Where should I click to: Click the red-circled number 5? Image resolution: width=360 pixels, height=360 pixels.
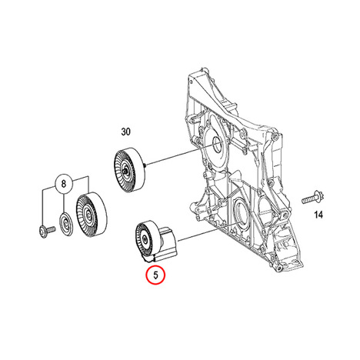(155, 275)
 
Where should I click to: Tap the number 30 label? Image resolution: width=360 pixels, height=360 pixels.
(125, 132)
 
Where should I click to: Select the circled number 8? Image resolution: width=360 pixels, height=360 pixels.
(64, 184)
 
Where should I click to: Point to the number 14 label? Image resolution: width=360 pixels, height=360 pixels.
(318, 215)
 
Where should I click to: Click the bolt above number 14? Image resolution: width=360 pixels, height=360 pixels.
(312, 198)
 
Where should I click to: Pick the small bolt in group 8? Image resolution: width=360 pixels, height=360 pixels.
(47, 230)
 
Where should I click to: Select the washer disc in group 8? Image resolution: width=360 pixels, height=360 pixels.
(66, 223)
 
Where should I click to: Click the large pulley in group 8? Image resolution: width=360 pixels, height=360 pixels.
(91, 214)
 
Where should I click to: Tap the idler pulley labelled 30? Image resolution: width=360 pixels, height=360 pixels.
(129, 170)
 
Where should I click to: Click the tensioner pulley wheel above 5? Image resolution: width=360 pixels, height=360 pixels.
(145, 239)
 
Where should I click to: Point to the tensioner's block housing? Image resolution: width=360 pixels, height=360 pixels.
(167, 244)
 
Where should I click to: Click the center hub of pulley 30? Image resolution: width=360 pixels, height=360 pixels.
(125, 171)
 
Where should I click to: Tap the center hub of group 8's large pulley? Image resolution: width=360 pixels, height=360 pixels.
(88, 214)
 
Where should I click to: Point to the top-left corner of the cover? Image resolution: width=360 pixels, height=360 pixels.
(189, 75)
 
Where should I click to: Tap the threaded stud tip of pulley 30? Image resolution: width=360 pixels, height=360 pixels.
(145, 165)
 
